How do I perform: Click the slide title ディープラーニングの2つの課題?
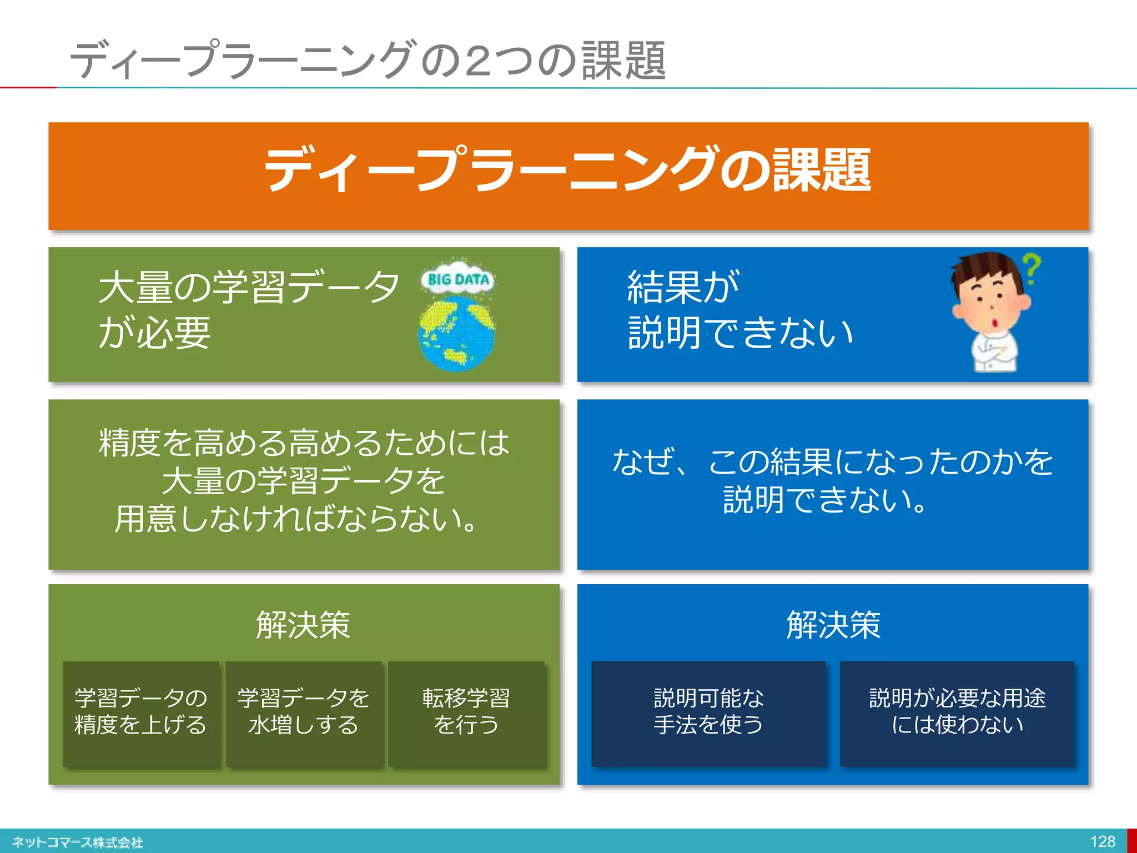pos(368,60)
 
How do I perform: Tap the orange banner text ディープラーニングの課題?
pos(567,169)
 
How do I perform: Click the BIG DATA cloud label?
pos(459,279)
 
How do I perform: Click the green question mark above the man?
pos(1032,269)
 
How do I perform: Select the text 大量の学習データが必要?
pos(249,310)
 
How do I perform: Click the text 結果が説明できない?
pos(739,310)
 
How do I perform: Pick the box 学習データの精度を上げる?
pos(141,712)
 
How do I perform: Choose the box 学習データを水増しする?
pos(304,712)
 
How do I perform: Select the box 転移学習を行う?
pos(466,712)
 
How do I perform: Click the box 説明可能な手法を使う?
pos(708,712)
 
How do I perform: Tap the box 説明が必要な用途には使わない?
pos(957,712)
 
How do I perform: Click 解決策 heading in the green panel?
pos(303,625)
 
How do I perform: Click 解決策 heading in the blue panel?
pos(833,625)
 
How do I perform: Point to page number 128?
pos(1103,841)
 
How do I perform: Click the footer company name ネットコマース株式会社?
pos(78,842)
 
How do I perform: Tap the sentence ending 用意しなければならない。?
pos(296,519)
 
